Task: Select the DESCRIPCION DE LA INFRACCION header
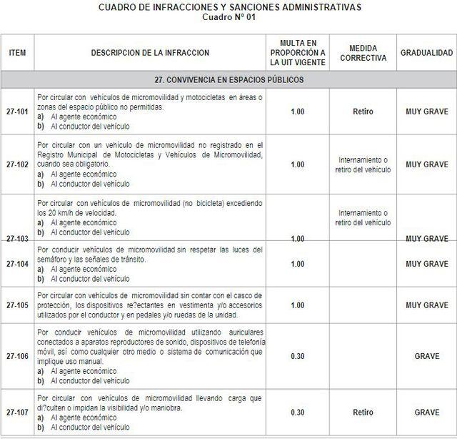[x=150, y=53]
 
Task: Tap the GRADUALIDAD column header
[x=426, y=53]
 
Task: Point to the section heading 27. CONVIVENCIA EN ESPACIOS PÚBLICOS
[x=228, y=79]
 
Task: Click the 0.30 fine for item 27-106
[x=298, y=355]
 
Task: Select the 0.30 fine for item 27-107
[x=298, y=413]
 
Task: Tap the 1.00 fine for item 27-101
[x=298, y=112]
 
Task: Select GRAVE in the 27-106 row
[x=426, y=355]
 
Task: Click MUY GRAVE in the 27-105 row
[x=426, y=305]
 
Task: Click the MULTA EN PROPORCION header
[x=298, y=53]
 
